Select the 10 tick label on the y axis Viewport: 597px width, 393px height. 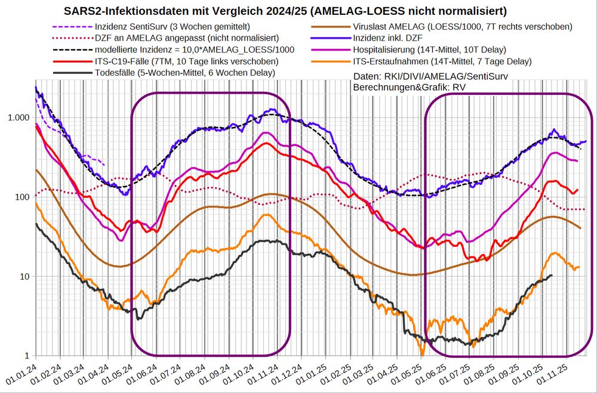pyautogui.click(x=24, y=277)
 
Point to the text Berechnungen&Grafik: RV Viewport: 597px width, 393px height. pyautogui.click(x=410, y=87)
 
